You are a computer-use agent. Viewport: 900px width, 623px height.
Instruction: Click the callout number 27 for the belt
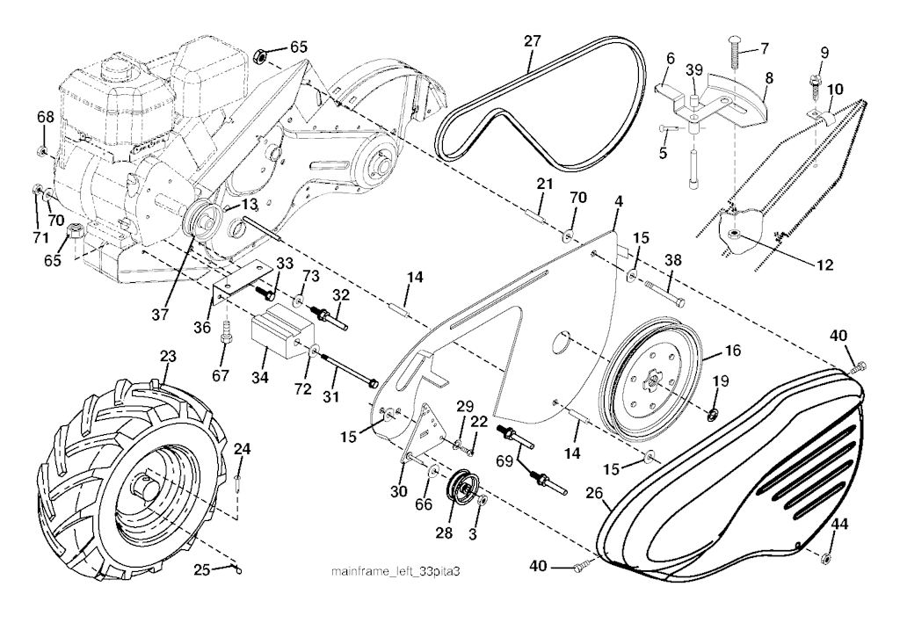(x=532, y=41)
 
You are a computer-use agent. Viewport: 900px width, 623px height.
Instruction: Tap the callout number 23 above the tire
(x=168, y=359)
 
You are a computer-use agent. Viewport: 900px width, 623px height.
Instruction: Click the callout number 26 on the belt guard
(x=594, y=494)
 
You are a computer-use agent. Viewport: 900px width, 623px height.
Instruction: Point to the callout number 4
(x=619, y=202)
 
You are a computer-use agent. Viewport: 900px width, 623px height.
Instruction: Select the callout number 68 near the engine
(x=45, y=117)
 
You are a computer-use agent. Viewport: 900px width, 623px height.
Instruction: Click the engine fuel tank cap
(x=115, y=64)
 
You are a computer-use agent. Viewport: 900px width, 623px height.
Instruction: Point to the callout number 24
(x=242, y=449)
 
